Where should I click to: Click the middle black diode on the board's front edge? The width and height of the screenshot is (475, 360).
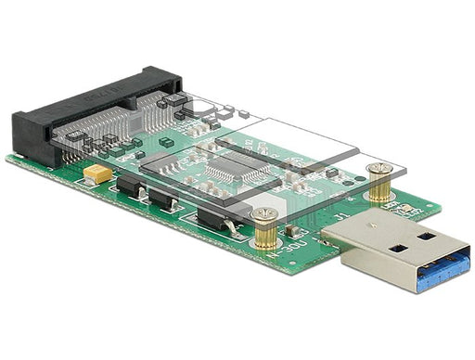(x=164, y=199)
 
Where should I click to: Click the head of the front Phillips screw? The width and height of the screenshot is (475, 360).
(x=264, y=216)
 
